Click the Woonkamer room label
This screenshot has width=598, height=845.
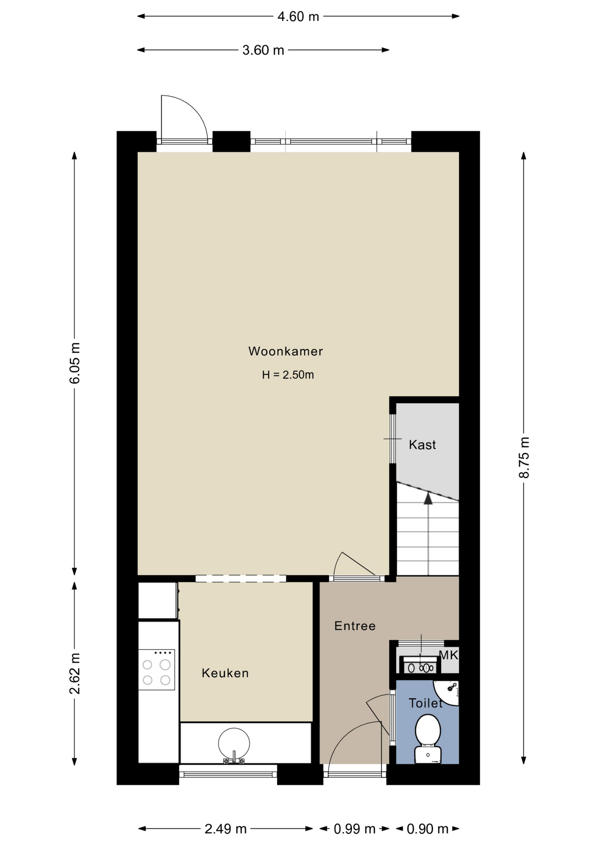click(x=285, y=351)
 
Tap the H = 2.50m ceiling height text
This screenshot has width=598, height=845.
click(x=288, y=375)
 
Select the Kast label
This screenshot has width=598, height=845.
click(x=422, y=445)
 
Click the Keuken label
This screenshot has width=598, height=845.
click(x=225, y=673)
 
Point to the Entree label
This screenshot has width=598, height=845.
click(x=355, y=626)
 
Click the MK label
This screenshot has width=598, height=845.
click(x=449, y=655)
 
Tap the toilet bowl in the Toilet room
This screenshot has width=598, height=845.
click(x=428, y=738)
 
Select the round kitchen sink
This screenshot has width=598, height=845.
click(x=234, y=744)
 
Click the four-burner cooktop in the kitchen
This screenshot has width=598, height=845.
click(x=156, y=669)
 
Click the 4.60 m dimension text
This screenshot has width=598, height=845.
click(x=298, y=17)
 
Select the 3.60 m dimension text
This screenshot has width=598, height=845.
click(x=263, y=50)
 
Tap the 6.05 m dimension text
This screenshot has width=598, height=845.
click(x=75, y=363)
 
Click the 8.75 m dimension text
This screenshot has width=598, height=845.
click(x=524, y=458)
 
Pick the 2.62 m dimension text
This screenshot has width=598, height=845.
click(x=75, y=673)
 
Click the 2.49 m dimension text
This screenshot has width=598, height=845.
click(x=225, y=829)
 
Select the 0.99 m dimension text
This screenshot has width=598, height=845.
click(x=354, y=829)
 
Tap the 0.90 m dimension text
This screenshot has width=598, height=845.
click(x=428, y=829)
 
